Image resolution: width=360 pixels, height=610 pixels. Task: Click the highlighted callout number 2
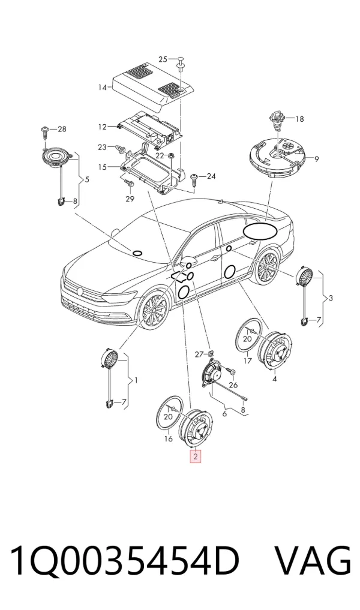[195, 456]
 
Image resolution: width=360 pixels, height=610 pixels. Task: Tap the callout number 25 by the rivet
[163, 59]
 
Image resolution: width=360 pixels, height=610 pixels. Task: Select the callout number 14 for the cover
[103, 88]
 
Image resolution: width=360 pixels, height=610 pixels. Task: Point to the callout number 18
[299, 119]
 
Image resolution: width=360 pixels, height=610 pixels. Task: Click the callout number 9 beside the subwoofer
[316, 159]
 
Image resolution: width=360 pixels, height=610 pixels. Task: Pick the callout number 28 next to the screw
[62, 129]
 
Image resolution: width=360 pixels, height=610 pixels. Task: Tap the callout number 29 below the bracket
[130, 199]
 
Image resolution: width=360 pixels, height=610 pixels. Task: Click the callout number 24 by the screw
[211, 176]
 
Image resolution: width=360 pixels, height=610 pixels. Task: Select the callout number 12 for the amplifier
[102, 127]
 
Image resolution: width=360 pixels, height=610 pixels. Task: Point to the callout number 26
[233, 385]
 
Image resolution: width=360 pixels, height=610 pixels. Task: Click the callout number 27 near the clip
[199, 354]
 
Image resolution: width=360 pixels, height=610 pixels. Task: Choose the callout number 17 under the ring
[248, 360]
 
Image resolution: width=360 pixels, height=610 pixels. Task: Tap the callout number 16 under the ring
[168, 439]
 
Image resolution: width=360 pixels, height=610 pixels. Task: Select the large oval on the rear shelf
[260, 231]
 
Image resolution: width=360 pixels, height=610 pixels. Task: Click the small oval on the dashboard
[137, 253]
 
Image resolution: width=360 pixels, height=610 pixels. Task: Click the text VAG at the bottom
[314, 561]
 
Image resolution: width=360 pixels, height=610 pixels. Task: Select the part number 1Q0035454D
[125, 561]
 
